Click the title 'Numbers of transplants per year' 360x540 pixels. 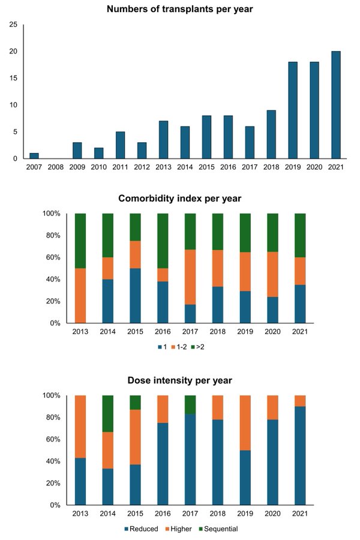[180, 9]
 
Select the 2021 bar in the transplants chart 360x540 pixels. [336, 104]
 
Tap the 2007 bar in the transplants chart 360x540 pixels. [34, 155]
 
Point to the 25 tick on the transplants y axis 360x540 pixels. [13, 25]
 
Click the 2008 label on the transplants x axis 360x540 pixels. [56, 167]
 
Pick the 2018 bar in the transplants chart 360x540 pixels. [271, 134]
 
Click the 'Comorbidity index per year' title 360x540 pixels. [180, 199]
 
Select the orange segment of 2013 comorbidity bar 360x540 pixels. [80, 295]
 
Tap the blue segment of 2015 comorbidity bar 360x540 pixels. [135, 295]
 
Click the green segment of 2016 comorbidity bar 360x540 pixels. [163, 241]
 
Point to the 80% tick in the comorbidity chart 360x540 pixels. [52, 236]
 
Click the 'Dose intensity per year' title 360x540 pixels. [180, 380]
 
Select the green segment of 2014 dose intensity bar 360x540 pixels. [108, 413]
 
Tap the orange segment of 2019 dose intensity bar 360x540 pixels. [245, 423]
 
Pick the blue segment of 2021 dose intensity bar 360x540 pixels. [300, 455]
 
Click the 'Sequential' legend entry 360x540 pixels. [218, 529]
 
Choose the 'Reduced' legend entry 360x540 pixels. [141, 529]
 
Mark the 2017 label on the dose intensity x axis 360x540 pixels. [190, 514]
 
